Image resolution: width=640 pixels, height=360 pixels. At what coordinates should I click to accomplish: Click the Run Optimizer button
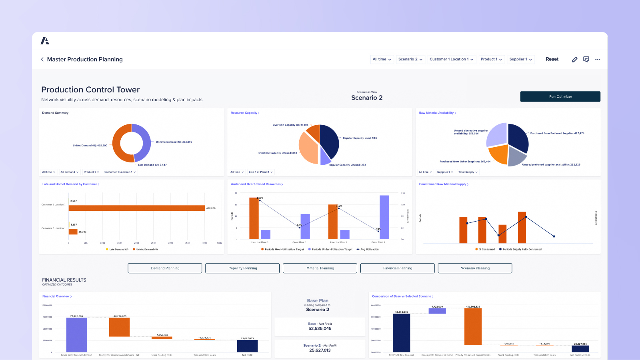(560, 96)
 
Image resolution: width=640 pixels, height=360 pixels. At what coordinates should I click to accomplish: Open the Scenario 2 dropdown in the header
(410, 59)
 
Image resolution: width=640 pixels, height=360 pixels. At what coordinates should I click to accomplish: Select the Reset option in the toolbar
(552, 59)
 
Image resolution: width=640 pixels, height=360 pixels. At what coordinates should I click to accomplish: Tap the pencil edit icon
(574, 59)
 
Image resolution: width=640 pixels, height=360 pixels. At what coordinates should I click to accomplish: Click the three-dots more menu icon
(598, 59)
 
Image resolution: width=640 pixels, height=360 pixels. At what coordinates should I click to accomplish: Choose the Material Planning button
(320, 268)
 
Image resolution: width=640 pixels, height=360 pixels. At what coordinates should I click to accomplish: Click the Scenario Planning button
(475, 268)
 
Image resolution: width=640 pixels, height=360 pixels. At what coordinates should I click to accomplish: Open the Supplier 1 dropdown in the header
(520, 59)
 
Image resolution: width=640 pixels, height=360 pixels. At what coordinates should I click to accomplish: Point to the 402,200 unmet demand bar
(137, 208)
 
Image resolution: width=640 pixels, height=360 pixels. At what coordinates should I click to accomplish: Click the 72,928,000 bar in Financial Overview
(76, 335)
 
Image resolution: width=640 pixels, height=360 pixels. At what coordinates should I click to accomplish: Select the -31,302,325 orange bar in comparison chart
(473, 326)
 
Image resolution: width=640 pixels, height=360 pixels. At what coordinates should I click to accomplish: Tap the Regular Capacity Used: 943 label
(360, 138)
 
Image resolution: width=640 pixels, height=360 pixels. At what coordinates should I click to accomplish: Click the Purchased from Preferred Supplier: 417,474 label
(557, 133)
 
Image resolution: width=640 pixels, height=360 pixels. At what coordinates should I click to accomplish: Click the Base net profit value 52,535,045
(320, 328)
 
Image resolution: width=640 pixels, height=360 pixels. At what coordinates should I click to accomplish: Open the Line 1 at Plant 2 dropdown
(260, 172)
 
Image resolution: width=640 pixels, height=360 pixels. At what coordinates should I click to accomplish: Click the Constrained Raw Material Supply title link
(443, 184)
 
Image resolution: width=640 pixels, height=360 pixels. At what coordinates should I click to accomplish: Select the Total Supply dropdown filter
(468, 172)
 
